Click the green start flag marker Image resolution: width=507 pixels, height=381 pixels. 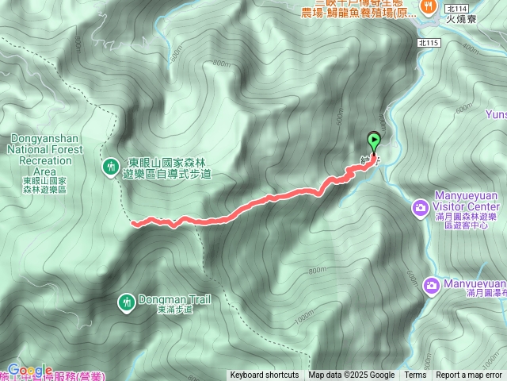pos(373,141)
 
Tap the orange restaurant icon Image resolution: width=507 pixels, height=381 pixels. pos(429,6)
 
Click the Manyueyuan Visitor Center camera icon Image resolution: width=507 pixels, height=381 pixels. pos(417,208)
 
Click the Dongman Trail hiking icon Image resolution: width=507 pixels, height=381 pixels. pos(126,302)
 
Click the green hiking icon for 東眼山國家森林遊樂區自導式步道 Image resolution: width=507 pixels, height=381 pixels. pos(110,166)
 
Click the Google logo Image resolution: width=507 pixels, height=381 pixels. pos(30,370)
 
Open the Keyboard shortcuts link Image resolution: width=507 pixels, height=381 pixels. pos(265,375)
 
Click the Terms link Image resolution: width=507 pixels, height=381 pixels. pos(415,375)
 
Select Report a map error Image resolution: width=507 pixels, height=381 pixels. pos(469,375)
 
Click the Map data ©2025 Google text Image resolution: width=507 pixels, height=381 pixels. pos(351,375)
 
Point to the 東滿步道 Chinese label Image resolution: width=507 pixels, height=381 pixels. pos(174,310)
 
